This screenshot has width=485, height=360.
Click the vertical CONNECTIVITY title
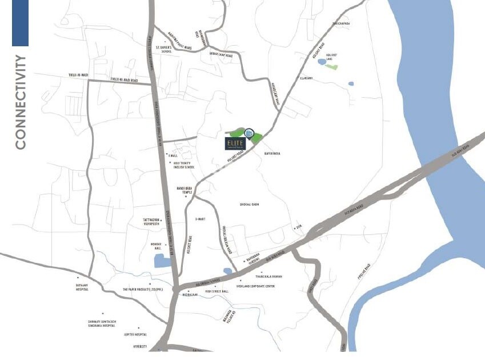21,102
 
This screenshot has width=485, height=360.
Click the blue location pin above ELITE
249,134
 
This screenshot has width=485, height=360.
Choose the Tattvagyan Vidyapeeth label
154,222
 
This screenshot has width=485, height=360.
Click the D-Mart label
200,218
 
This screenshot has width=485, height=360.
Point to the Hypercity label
140,346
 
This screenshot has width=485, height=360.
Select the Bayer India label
272,153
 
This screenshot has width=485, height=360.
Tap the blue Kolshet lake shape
322,61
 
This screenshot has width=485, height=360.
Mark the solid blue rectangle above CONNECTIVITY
20,23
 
